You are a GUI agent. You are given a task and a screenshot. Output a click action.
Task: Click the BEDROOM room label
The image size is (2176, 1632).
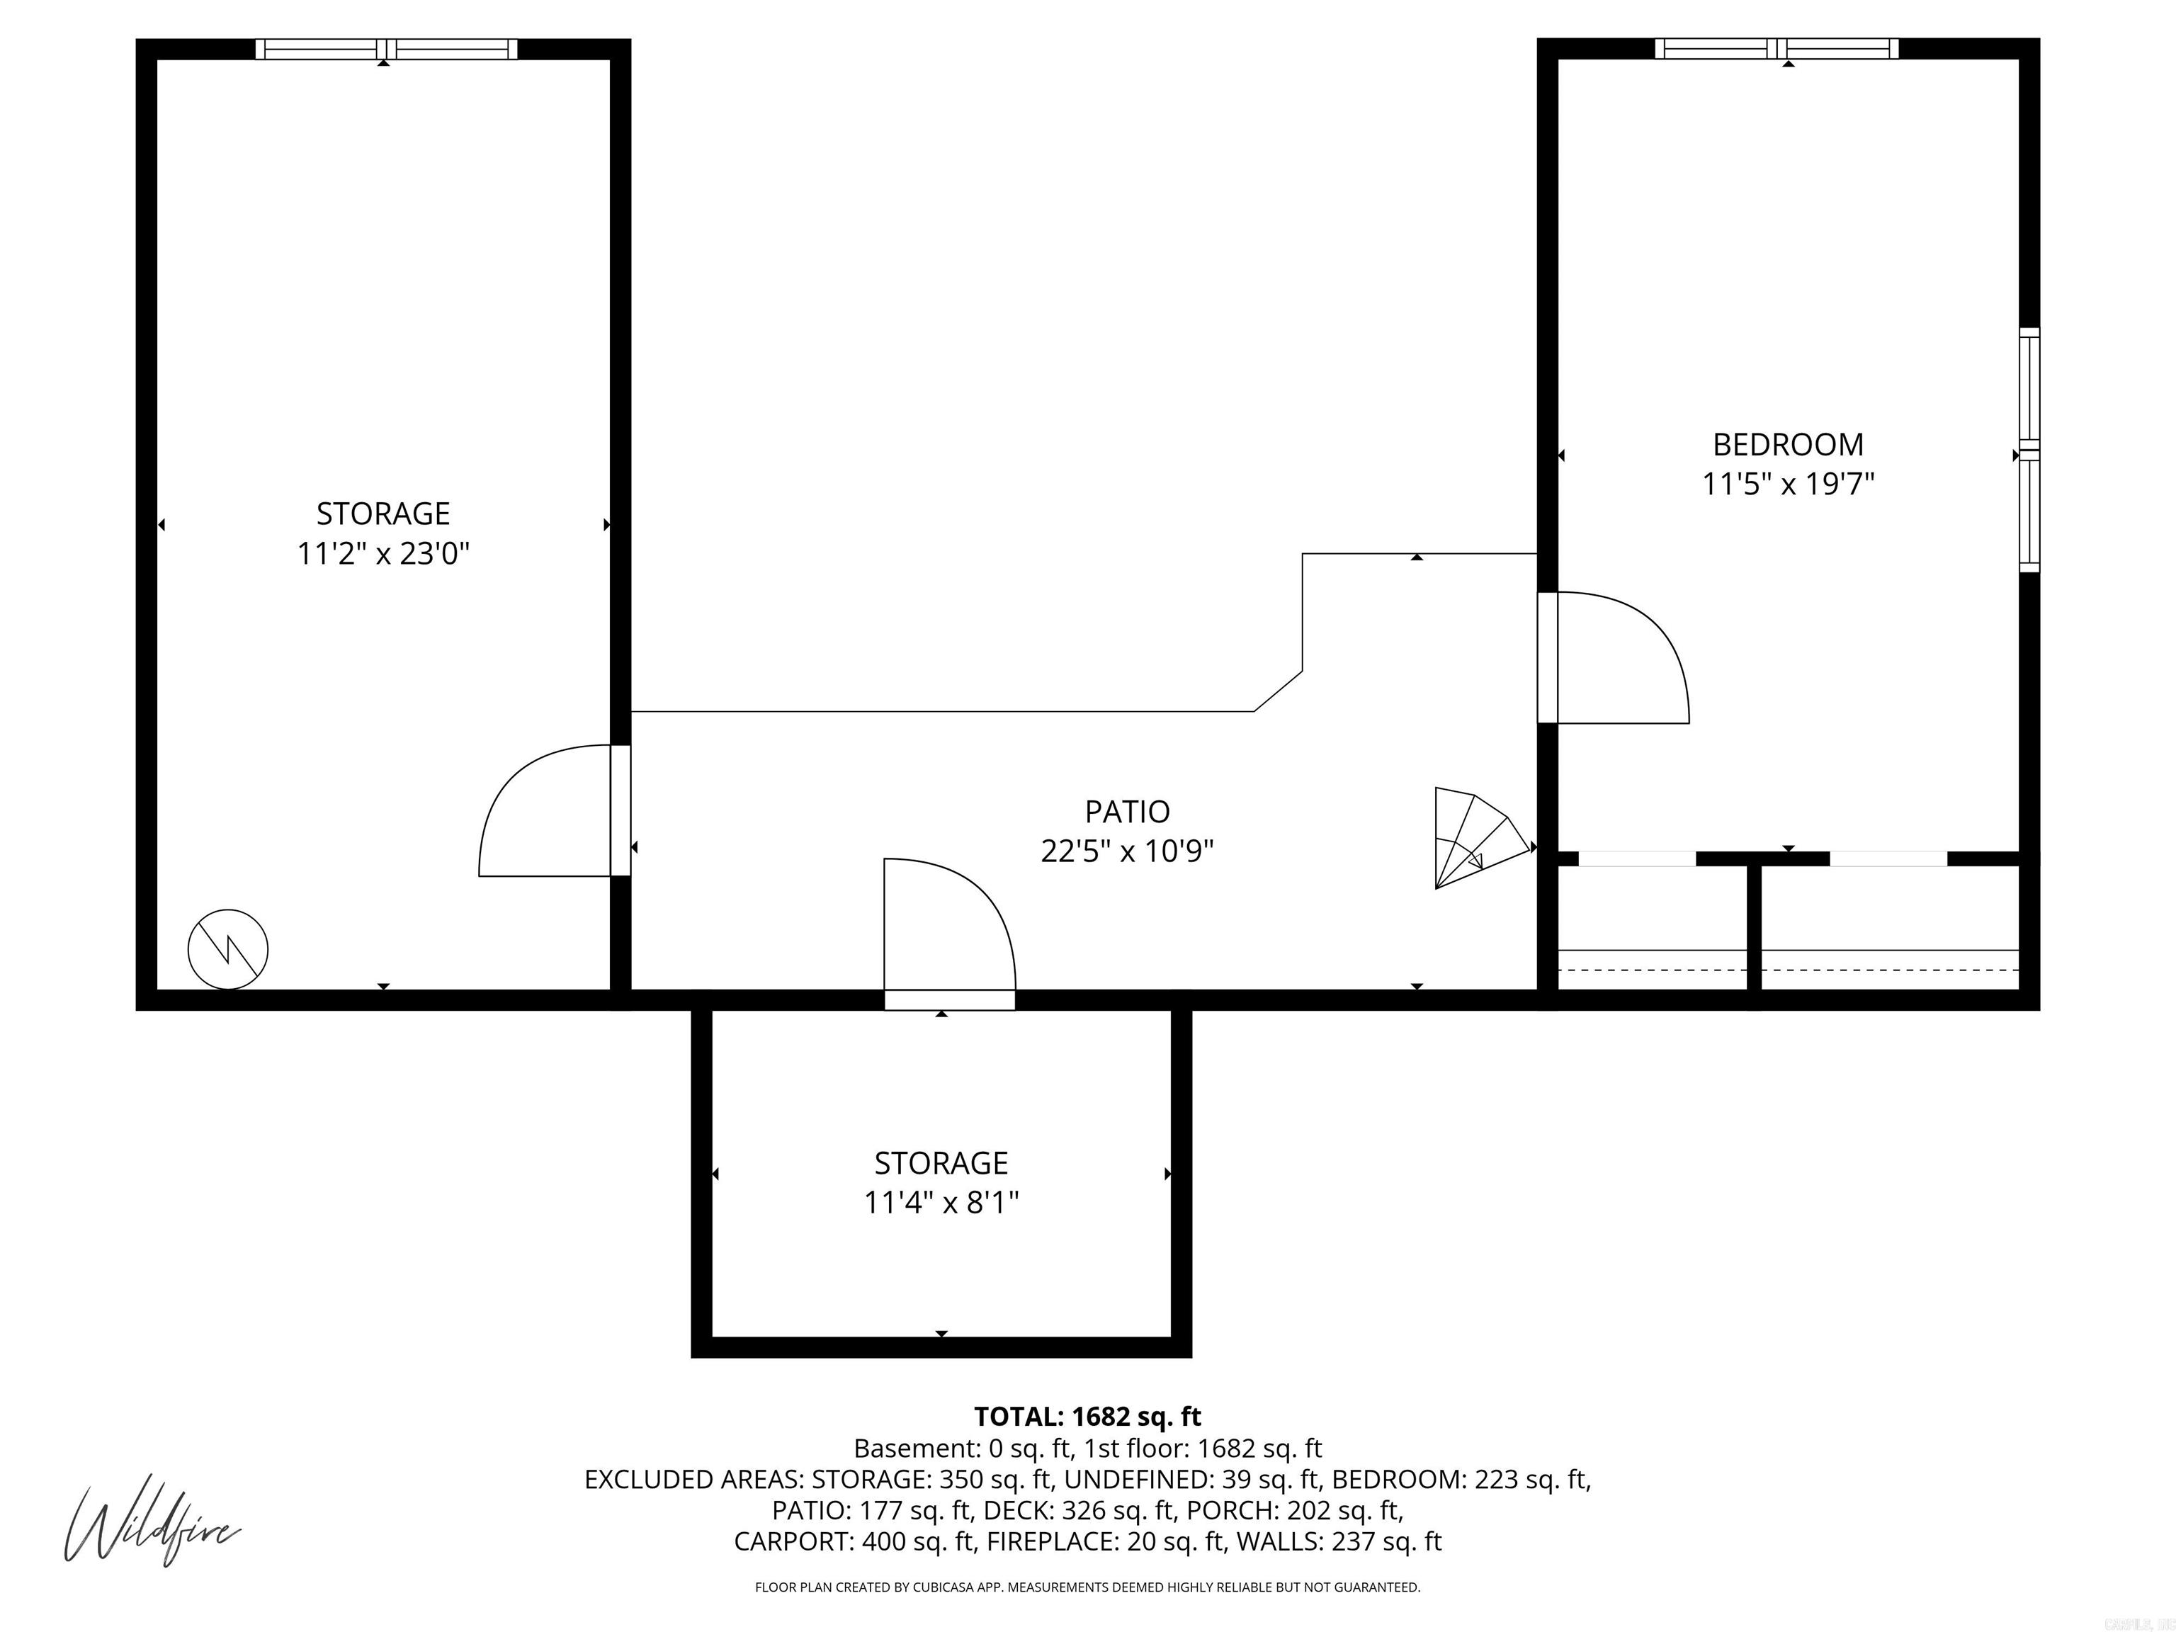[x=1787, y=445]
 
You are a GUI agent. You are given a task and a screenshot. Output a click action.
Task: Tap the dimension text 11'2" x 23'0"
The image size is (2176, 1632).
[x=384, y=554]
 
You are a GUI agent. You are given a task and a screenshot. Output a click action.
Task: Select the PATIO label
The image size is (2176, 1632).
[x=1128, y=812]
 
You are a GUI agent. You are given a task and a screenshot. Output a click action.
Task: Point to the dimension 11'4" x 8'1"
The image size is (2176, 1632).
[x=941, y=1203]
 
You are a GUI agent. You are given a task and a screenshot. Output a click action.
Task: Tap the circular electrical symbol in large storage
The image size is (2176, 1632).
[x=228, y=948]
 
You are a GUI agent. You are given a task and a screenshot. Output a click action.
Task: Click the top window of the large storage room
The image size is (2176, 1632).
[x=385, y=48]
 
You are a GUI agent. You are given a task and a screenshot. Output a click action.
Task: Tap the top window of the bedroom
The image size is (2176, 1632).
[x=1776, y=48]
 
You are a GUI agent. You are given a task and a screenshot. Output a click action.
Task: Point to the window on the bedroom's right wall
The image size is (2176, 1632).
[x=2029, y=450]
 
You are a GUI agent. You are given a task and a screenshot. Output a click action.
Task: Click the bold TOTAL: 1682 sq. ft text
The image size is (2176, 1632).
[x=1087, y=1417]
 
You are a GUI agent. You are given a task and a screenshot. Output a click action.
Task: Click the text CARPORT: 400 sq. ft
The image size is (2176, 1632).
[x=854, y=1541]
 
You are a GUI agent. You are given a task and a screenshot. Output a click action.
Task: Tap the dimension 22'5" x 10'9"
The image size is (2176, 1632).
[x=1128, y=851]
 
